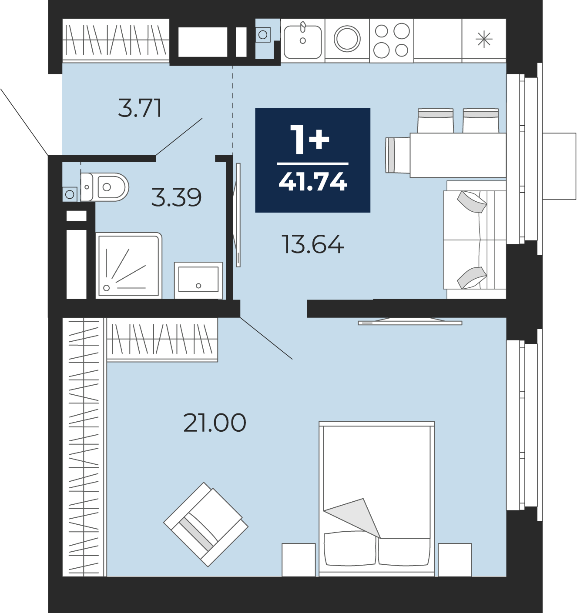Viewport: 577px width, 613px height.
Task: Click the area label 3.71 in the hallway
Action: (140, 108)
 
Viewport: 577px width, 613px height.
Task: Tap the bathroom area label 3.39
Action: (177, 197)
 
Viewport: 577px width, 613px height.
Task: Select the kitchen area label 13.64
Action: (312, 244)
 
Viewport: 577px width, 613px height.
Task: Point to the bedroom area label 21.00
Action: (215, 423)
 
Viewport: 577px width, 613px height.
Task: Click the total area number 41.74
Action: (313, 181)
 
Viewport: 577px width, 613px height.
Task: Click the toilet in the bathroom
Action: (105, 187)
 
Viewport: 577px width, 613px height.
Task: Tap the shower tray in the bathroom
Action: (129, 266)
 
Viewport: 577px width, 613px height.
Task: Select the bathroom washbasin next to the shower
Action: (198, 280)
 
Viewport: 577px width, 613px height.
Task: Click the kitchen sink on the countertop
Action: (302, 41)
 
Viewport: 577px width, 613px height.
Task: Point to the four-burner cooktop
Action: (391, 40)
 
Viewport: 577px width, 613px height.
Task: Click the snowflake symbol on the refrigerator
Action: (484, 40)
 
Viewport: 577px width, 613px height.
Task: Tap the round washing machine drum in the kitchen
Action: (347, 39)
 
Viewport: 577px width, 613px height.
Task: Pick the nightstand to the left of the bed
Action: (299, 560)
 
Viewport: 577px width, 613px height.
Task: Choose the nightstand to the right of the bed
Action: (455, 560)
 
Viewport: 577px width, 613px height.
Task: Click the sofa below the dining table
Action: (475, 240)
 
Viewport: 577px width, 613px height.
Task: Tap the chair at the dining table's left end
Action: (398, 155)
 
